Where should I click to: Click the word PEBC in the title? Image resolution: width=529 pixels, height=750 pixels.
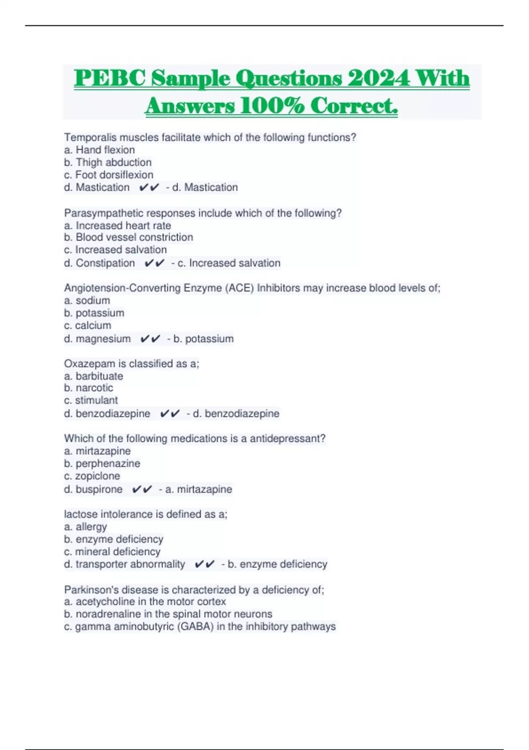click(x=110, y=79)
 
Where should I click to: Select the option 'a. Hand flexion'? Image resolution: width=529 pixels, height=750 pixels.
click(x=99, y=150)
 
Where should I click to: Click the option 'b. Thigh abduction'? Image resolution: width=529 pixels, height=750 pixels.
click(x=108, y=162)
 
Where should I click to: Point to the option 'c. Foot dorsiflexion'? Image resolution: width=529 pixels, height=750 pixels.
click(x=108, y=175)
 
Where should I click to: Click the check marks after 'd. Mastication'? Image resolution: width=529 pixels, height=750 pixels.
click(x=149, y=187)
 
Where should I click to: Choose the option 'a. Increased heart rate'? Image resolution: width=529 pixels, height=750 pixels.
click(x=117, y=225)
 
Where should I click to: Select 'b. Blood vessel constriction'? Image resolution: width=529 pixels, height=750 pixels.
click(x=128, y=237)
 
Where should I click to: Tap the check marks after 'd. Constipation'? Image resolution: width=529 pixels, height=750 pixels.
click(x=154, y=263)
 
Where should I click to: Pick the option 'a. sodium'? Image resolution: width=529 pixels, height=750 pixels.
click(x=87, y=300)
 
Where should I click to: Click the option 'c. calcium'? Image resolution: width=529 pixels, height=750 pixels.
click(x=87, y=326)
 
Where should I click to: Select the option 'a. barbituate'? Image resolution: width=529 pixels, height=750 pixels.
click(x=93, y=376)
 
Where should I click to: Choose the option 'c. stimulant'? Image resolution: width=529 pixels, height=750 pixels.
click(x=91, y=400)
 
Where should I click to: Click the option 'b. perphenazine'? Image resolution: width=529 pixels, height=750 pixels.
click(x=102, y=464)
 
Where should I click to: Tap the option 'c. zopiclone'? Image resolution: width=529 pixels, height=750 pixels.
click(x=92, y=476)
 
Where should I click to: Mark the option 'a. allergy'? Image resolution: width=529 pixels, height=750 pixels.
click(x=86, y=527)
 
